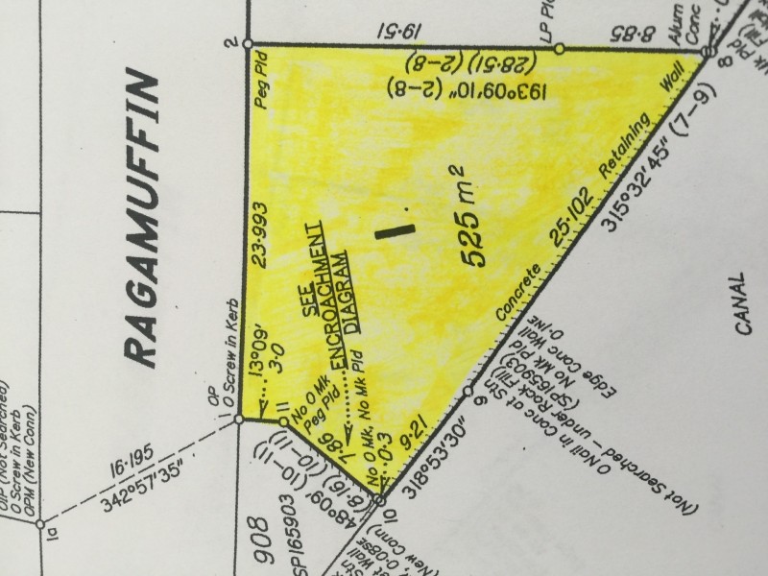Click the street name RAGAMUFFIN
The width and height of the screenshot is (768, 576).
(141, 219)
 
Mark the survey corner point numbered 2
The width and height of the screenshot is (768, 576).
(248, 43)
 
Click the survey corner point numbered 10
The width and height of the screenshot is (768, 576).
(380, 500)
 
